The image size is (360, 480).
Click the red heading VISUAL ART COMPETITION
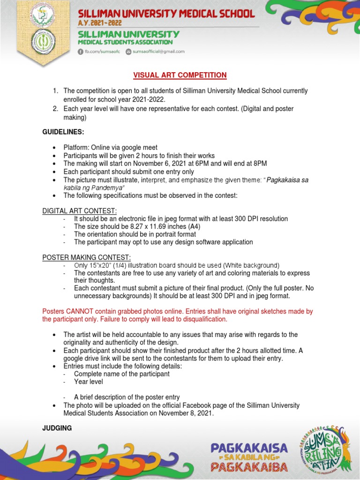(180, 75)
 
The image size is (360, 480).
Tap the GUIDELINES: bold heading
(63, 132)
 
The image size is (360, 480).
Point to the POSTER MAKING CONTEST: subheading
(87, 257)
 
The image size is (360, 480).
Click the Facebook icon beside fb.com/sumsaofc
(80, 52)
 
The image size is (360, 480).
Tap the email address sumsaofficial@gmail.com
(158, 52)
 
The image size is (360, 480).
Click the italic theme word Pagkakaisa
(286, 180)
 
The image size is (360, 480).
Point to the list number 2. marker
(55, 109)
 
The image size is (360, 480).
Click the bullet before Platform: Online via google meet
(55, 148)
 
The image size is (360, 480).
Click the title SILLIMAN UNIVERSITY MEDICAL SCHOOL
(166, 13)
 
